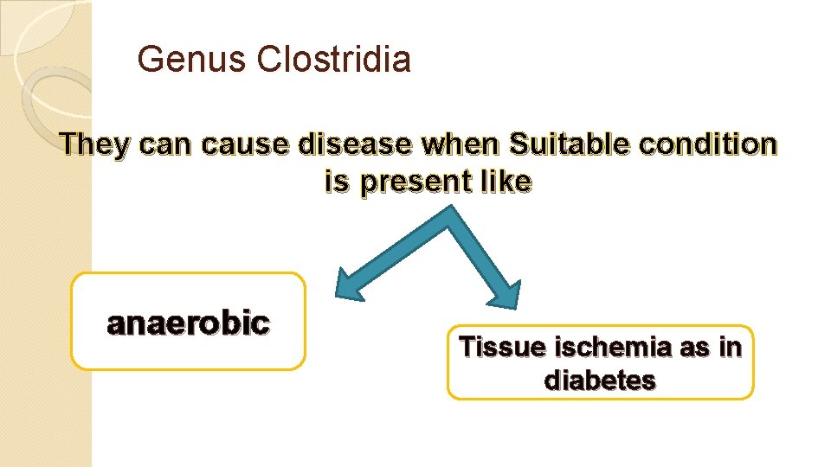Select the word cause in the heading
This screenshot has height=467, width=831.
(x=248, y=144)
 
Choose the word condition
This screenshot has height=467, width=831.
(x=711, y=144)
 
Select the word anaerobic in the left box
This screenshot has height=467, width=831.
(x=188, y=323)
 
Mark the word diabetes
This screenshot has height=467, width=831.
(x=599, y=381)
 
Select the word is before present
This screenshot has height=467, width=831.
(x=338, y=182)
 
